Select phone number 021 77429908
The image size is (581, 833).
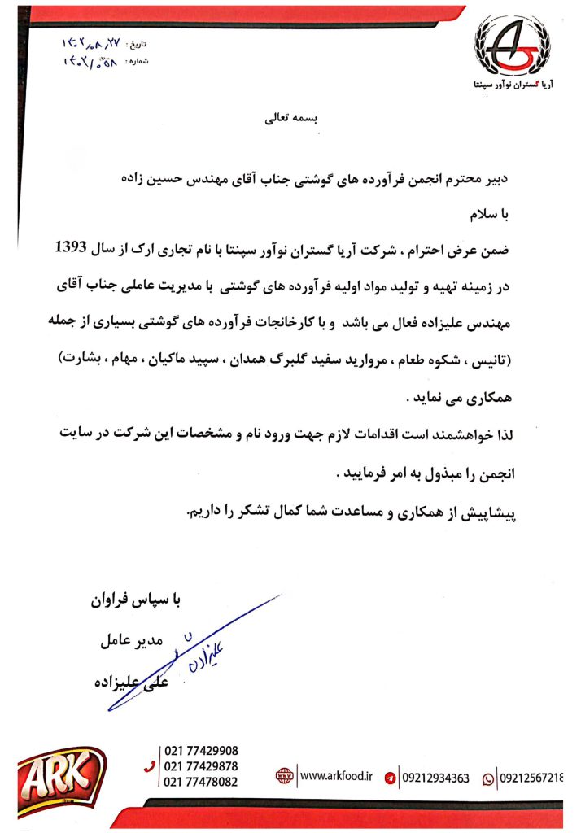(x=201, y=751)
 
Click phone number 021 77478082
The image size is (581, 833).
(x=201, y=782)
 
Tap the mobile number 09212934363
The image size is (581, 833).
(x=436, y=778)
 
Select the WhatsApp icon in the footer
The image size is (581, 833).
(x=488, y=778)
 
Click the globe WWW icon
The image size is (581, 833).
(x=283, y=777)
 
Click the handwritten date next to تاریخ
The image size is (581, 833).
(x=92, y=41)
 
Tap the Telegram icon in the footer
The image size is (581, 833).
(x=390, y=778)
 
